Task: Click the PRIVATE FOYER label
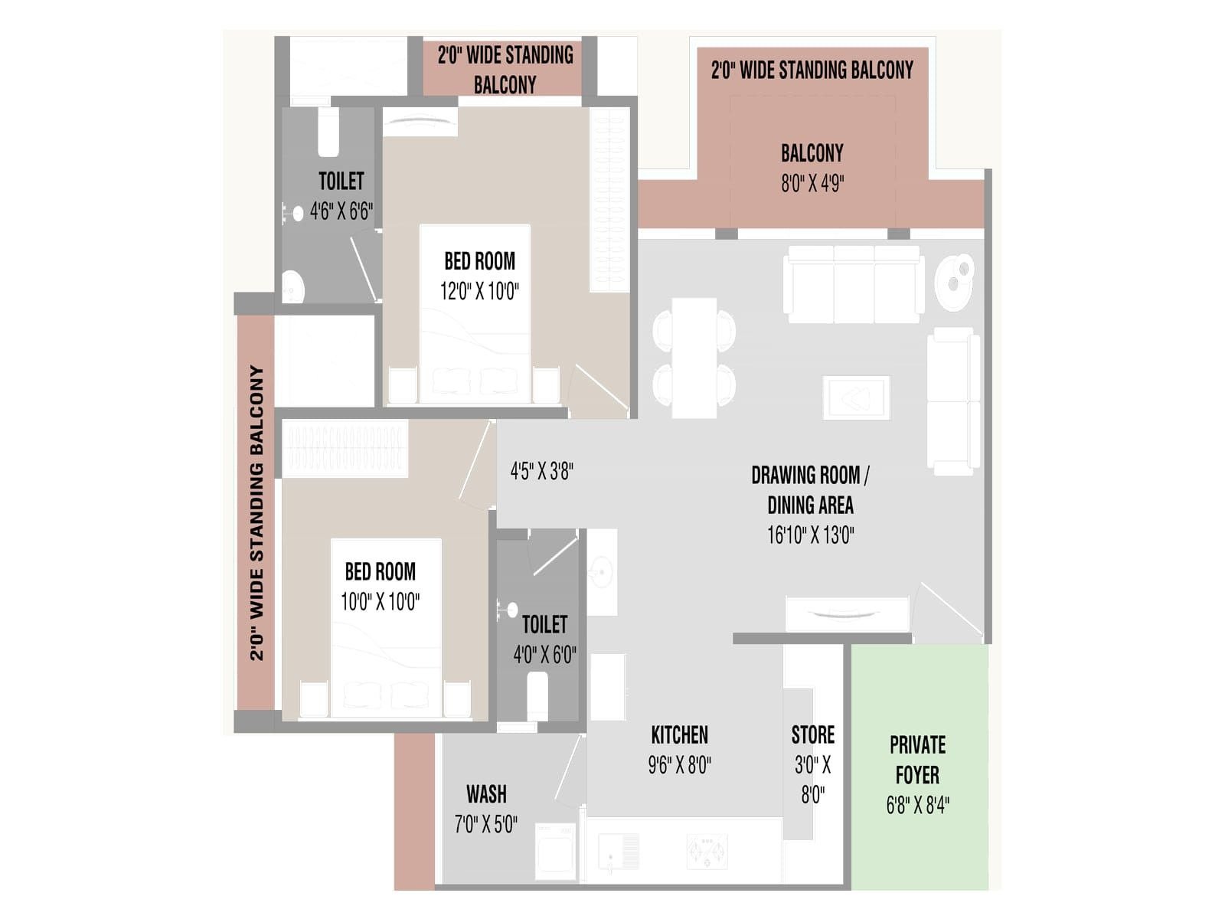click(917, 760)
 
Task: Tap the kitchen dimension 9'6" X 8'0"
click(679, 764)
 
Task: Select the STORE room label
click(812, 734)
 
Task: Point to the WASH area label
click(487, 793)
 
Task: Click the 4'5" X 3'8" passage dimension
click(542, 471)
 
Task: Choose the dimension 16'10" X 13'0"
click(810, 535)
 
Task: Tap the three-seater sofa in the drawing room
click(854, 284)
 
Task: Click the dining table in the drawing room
click(694, 358)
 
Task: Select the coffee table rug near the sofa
click(856, 397)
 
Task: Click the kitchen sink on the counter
click(619, 852)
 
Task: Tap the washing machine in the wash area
click(555, 852)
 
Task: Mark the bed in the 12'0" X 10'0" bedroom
click(475, 313)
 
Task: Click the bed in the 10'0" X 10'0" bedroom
click(386, 627)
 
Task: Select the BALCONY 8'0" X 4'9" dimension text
click(812, 183)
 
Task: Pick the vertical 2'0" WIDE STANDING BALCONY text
click(256, 513)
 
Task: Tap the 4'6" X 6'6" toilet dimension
click(341, 211)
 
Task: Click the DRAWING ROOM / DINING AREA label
click(810, 490)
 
